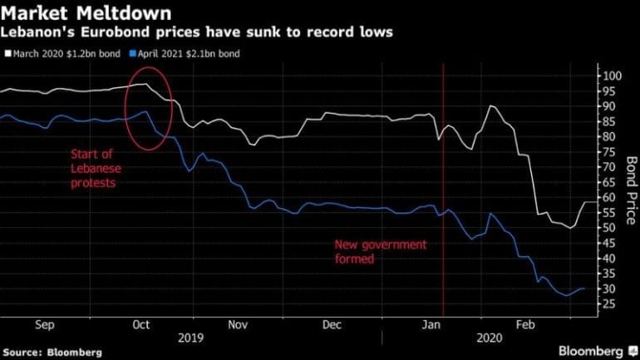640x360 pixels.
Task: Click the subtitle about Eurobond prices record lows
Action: point(197,32)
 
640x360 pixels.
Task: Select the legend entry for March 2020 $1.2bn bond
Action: point(62,54)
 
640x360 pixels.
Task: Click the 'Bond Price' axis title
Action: point(631,188)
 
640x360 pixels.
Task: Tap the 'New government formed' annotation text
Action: point(380,252)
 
